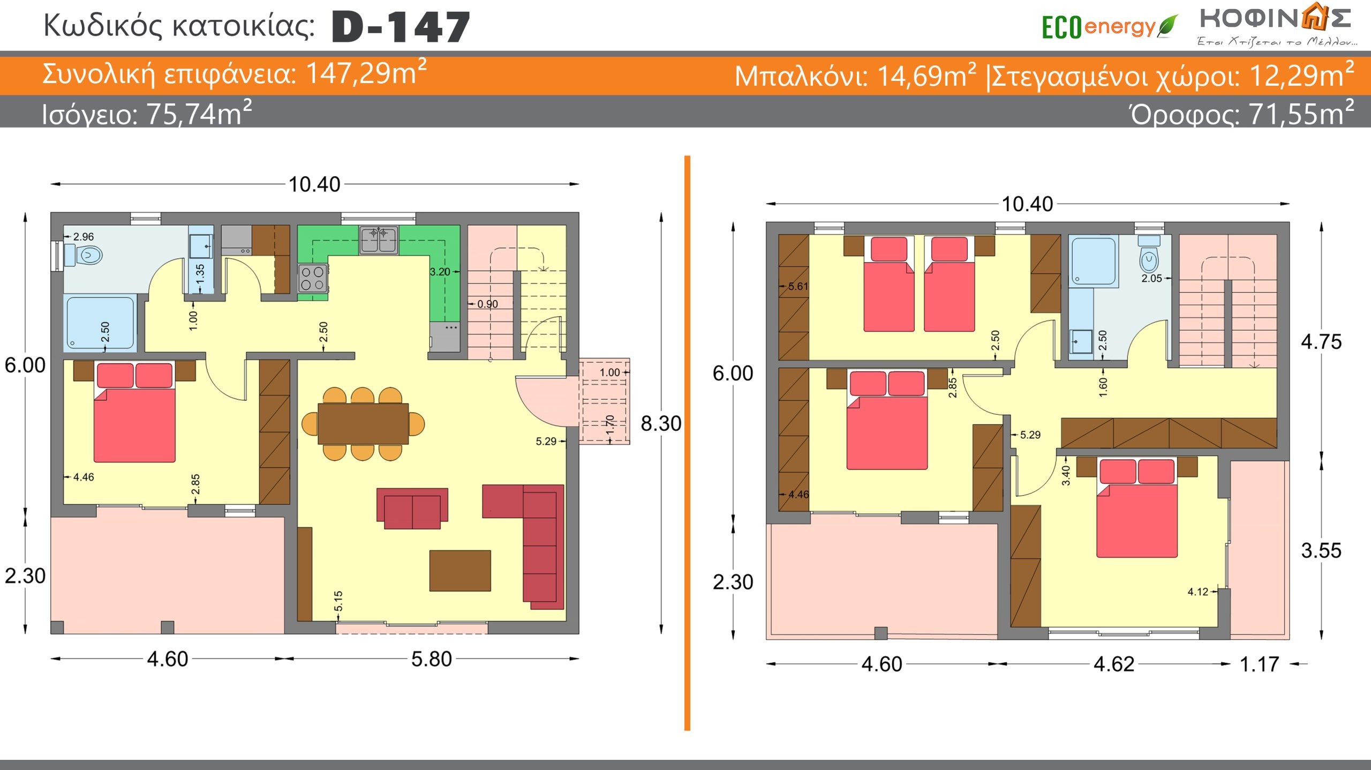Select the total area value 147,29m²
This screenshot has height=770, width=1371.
pyautogui.click(x=366, y=73)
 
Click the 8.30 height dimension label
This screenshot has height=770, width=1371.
pyautogui.click(x=661, y=423)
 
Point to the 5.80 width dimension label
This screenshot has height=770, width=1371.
pyautogui.click(x=432, y=659)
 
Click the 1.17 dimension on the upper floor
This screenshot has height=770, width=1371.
pyautogui.click(x=1260, y=664)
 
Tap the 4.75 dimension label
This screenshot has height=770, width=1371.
pyautogui.click(x=1321, y=342)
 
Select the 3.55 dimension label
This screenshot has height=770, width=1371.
pyautogui.click(x=1321, y=550)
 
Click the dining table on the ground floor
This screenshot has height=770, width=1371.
pyautogui.click(x=363, y=424)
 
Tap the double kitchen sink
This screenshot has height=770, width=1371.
pyautogui.click(x=379, y=240)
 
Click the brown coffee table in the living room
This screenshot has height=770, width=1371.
pyautogui.click(x=460, y=571)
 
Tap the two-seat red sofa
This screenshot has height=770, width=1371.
pyautogui.click(x=412, y=508)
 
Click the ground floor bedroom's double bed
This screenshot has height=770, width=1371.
pyautogui.click(x=134, y=412)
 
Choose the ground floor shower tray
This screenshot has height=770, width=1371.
pyautogui.click(x=101, y=323)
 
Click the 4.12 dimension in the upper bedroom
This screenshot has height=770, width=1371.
pyautogui.click(x=1198, y=592)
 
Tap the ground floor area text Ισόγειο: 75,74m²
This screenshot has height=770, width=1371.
pyautogui.click(x=147, y=114)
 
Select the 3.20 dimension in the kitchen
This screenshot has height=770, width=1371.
pyautogui.click(x=440, y=272)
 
